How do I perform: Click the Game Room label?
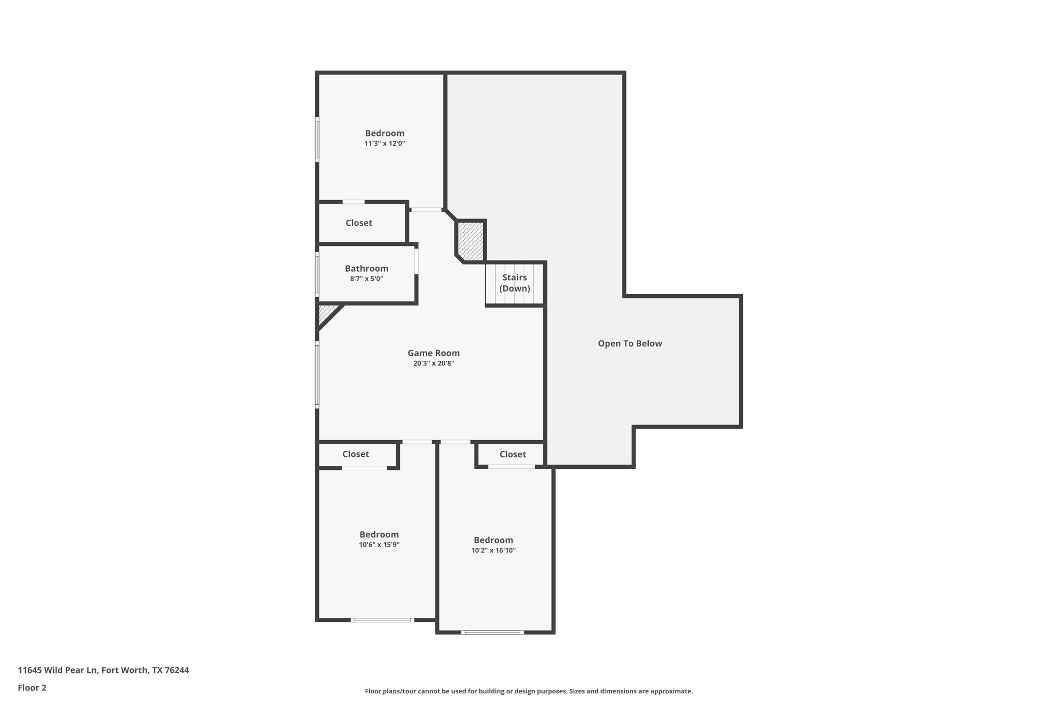pyautogui.click(x=434, y=353)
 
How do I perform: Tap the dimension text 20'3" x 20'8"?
pyautogui.click(x=434, y=363)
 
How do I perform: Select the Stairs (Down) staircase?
pyautogui.click(x=514, y=283)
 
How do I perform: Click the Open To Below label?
pyautogui.click(x=630, y=343)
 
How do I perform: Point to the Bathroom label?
pyautogui.click(x=366, y=268)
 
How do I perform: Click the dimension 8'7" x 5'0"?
pyautogui.click(x=366, y=279)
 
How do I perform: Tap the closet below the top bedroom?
pyautogui.click(x=359, y=223)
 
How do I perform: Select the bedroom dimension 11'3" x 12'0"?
pyautogui.click(x=384, y=144)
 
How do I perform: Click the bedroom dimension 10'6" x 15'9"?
pyautogui.click(x=379, y=545)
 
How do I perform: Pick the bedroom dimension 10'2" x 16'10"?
pyautogui.click(x=493, y=551)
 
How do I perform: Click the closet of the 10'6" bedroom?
pyautogui.click(x=356, y=454)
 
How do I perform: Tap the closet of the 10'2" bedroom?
pyautogui.click(x=512, y=454)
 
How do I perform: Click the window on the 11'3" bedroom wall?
pyautogui.click(x=317, y=139)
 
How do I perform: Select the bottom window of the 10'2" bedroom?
pyautogui.click(x=492, y=632)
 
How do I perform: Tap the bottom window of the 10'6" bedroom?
pyautogui.click(x=382, y=620)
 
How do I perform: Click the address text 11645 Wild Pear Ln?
pyautogui.click(x=103, y=670)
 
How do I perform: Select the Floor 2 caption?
pyautogui.click(x=32, y=688)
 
